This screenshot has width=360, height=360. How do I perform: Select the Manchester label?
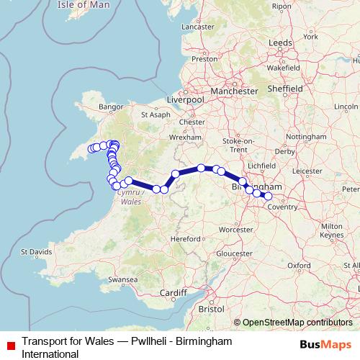point(234,91)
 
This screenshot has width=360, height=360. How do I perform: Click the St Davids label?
point(36,252)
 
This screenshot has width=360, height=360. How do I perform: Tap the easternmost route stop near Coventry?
point(268,196)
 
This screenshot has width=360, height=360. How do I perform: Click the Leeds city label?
point(280,42)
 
